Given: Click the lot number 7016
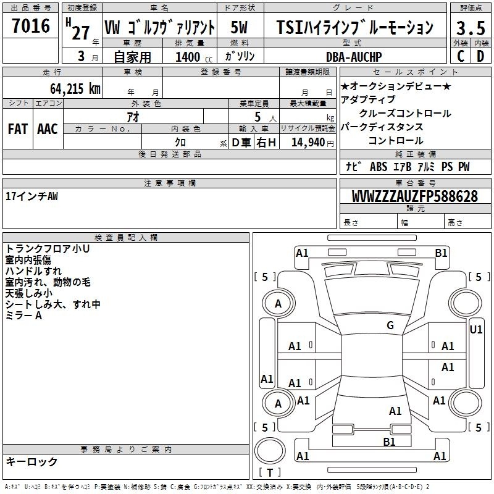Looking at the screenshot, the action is click(x=31, y=26).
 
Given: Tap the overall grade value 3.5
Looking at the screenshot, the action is click(x=471, y=28).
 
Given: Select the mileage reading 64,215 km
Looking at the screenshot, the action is click(x=75, y=88).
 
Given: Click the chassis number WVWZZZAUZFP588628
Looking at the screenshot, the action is click(x=415, y=196).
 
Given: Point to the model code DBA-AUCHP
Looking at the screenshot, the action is click(x=354, y=57).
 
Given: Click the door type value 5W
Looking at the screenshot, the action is click(x=239, y=27).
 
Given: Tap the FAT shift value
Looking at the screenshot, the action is click(x=18, y=129).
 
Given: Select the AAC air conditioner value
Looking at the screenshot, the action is click(x=48, y=129).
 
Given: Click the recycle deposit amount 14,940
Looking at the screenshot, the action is click(x=308, y=143).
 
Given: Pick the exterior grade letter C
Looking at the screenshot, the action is click(x=461, y=56).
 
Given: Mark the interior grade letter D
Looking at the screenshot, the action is click(x=480, y=56).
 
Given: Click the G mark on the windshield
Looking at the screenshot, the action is click(x=390, y=325).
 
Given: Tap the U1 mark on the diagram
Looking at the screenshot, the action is click(x=475, y=330).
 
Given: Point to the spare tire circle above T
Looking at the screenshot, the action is click(x=270, y=451).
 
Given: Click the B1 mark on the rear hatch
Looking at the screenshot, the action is click(x=389, y=442).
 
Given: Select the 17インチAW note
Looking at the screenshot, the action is click(x=32, y=196).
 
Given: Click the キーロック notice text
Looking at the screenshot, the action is click(x=31, y=461).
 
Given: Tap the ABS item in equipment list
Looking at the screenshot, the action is click(x=379, y=167).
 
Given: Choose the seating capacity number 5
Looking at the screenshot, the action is click(x=257, y=117).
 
